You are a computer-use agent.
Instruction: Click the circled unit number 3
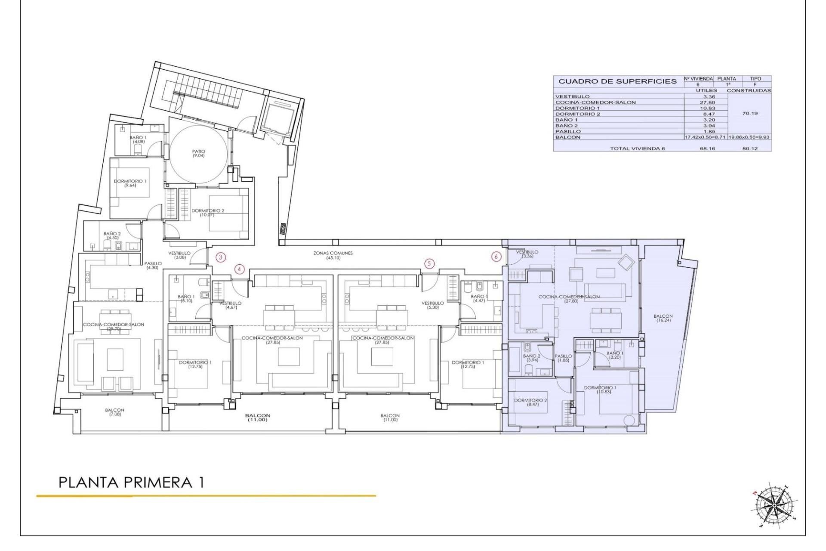pyautogui.click(x=220, y=258)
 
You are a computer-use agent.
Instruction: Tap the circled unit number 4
pyautogui.click(x=240, y=269)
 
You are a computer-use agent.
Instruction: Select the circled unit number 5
pyautogui.click(x=429, y=263)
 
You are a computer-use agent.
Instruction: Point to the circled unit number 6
pyautogui.click(x=496, y=257)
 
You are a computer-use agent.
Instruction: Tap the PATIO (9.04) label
pyautogui.click(x=199, y=153)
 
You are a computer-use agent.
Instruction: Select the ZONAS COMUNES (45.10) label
pyautogui.click(x=333, y=255)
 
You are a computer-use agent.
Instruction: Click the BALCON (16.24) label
pyautogui.click(x=663, y=318)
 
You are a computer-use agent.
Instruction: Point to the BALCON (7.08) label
pyautogui.click(x=114, y=412)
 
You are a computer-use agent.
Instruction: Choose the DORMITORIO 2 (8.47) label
pyautogui.click(x=530, y=402)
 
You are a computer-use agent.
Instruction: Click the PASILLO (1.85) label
pyautogui.click(x=563, y=358)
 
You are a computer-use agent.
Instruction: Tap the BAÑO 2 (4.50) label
pyautogui.click(x=112, y=235)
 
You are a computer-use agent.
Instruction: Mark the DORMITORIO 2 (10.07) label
pyautogui.click(x=208, y=212)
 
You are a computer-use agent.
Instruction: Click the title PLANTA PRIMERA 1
pyautogui.click(x=131, y=483)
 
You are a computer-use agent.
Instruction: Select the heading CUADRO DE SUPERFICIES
pyautogui.click(x=617, y=81)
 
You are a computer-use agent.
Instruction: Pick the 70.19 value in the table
pyautogui.click(x=749, y=114)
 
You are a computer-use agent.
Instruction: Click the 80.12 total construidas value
pyautogui.click(x=749, y=148)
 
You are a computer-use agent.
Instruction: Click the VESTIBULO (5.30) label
pyautogui.click(x=432, y=305)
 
